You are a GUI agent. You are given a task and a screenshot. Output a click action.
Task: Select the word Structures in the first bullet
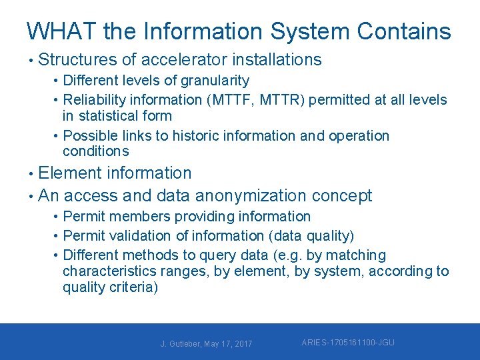click(77, 60)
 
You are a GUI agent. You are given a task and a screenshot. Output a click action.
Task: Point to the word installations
click(276, 60)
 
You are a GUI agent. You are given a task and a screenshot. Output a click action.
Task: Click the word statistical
click(109, 116)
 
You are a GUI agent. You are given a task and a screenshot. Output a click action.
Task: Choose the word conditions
click(95, 151)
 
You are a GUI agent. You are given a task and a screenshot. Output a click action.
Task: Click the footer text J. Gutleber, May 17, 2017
click(206, 344)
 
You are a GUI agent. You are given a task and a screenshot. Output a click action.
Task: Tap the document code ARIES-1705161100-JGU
click(347, 343)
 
